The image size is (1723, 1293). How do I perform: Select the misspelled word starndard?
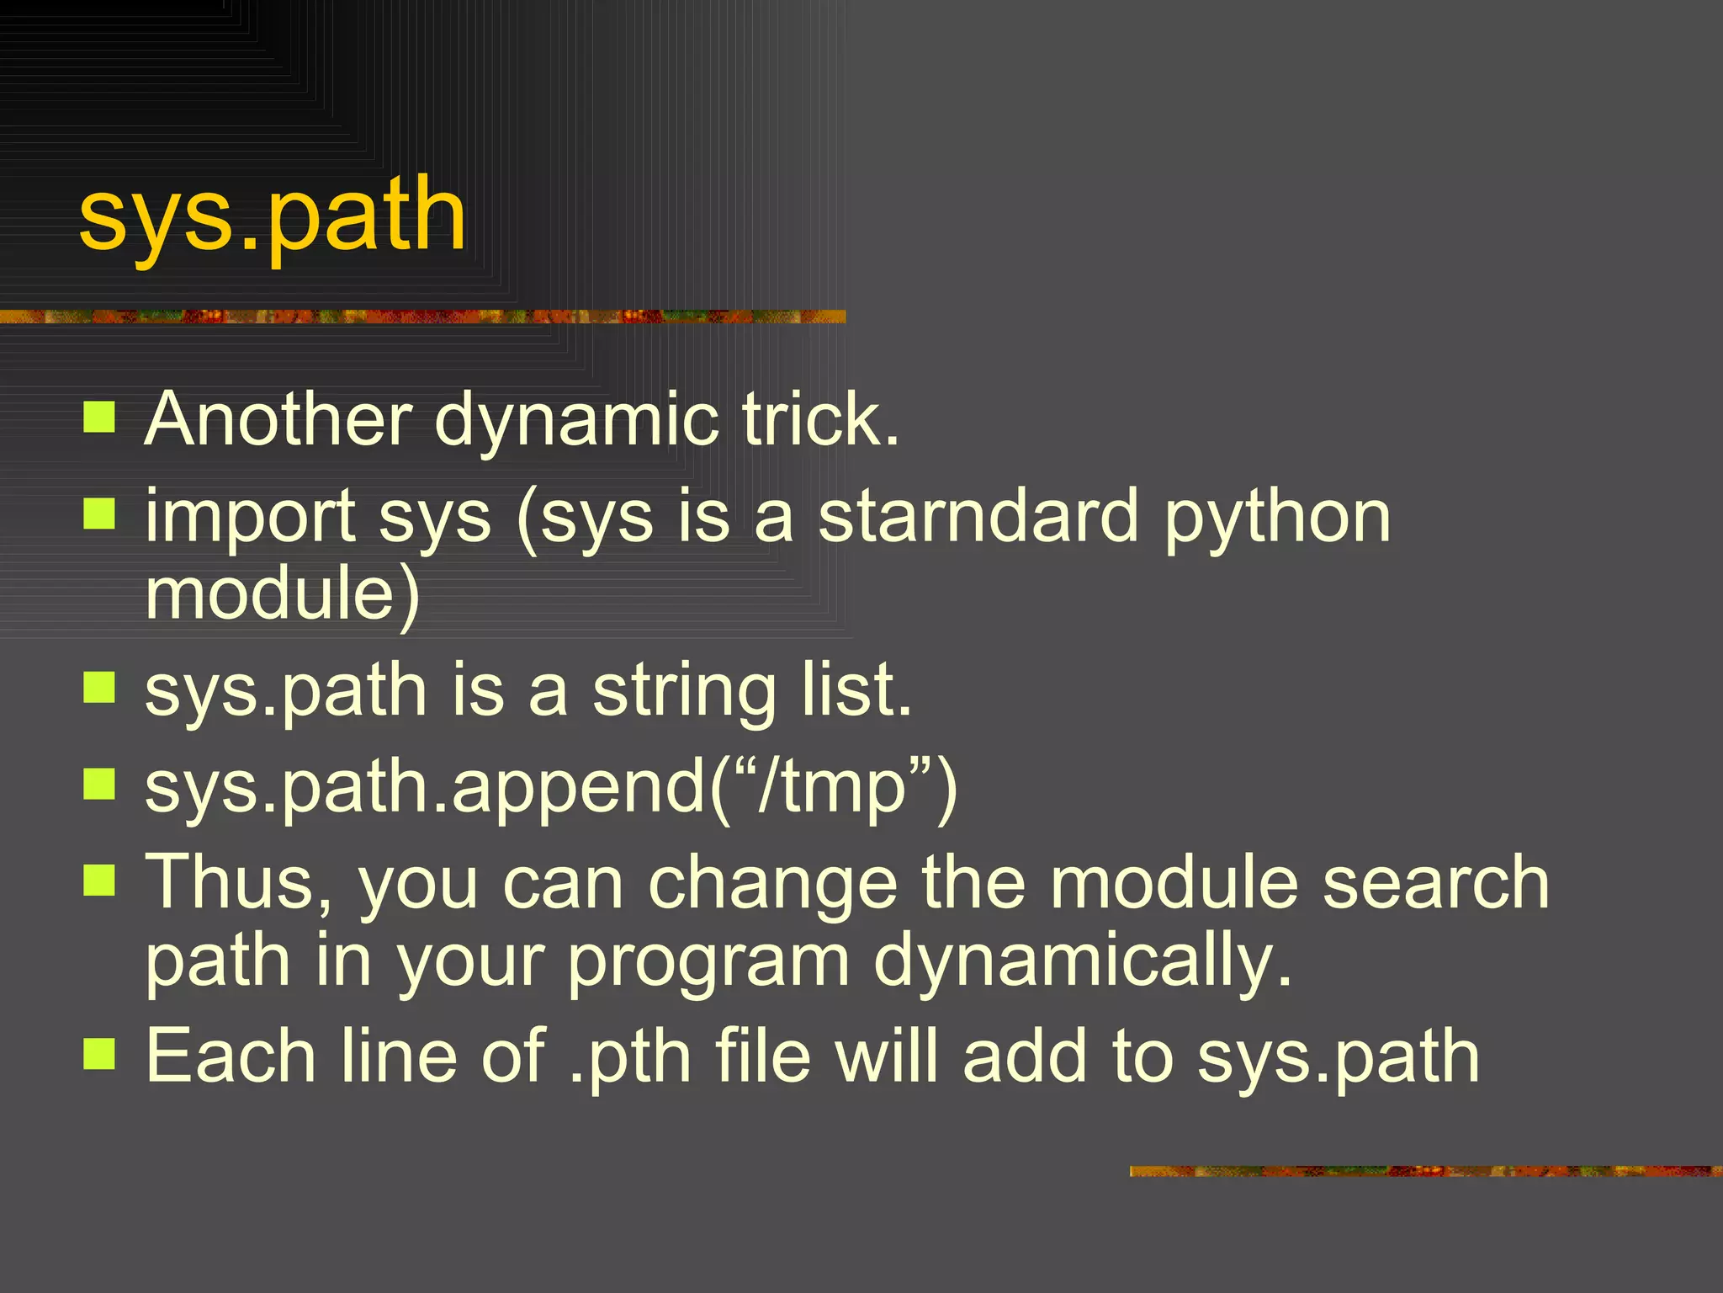(x=979, y=516)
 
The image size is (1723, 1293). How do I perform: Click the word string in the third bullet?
(x=683, y=692)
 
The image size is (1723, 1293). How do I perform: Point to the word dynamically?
(x=1082, y=961)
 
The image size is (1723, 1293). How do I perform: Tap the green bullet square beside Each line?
(x=99, y=1052)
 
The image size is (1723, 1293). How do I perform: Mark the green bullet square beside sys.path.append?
(x=99, y=784)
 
